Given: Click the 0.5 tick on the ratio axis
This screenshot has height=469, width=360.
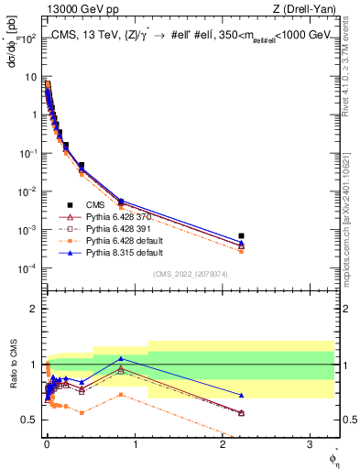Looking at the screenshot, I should point(30,420).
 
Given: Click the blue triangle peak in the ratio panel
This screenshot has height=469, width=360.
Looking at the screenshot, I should point(121,358).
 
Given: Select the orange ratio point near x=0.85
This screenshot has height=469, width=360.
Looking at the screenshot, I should point(121,395).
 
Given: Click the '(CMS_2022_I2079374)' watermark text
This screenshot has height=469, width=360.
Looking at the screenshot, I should point(190,275).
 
